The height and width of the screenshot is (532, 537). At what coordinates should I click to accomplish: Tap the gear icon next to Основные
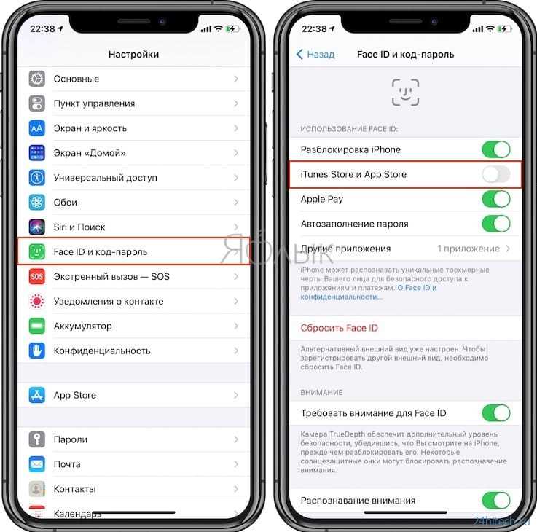pyautogui.click(x=36, y=79)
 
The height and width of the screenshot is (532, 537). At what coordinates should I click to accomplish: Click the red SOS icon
pyautogui.click(x=36, y=276)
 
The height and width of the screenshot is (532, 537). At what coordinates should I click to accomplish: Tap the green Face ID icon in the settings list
pyautogui.click(x=36, y=251)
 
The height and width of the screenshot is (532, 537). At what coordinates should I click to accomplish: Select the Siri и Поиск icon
pyautogui.click(x=36, y=227)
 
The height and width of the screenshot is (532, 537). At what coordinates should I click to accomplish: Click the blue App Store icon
pyautogui.click(x=36, y=395)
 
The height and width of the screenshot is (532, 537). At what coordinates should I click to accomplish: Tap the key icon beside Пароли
pyautogui.click(x=36, y=439)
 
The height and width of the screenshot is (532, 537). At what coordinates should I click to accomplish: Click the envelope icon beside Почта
pyautogui.click(x=36, y=464)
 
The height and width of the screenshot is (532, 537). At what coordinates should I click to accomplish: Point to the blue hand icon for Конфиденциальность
pyautogui.click(x=36, y=351)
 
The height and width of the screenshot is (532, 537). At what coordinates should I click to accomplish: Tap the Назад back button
pyautogui.click(x=315, y=54)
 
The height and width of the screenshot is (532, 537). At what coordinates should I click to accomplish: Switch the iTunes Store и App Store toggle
pyautogui.click(x=496, y=174)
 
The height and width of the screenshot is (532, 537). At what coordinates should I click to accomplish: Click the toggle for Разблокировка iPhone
pyautogui.click(x=496, y=149)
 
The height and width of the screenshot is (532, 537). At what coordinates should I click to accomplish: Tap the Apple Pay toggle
pyautogui.click(x=496, y=199)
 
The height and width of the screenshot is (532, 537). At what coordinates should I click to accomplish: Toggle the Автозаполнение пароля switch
pyautogui.click(x=496, y=224)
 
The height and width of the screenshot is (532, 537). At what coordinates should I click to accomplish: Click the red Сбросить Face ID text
pyautogui.click(x=339, y=328)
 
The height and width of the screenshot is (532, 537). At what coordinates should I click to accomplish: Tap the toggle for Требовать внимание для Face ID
pyautogui.click(x=496, y=413)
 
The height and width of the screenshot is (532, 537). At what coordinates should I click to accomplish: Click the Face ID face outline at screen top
pyautogui.click(x=406, y=92)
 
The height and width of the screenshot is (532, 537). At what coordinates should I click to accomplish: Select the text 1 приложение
pyautogui.click(x=469, y=249)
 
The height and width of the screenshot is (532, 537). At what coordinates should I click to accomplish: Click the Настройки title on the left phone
pyautogui.click(x=133, y=54)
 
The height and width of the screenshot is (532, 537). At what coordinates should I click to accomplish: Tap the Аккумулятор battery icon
pyautogui.click(x=36, y=326)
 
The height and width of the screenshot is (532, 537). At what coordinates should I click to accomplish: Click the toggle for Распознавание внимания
pyautogui.click(x=496, y=501)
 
